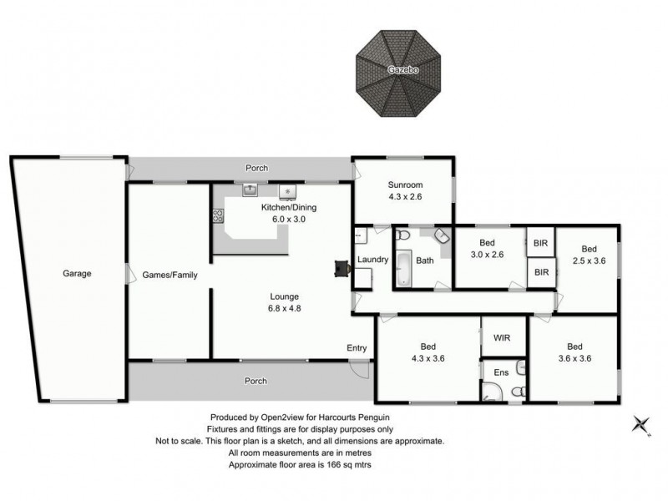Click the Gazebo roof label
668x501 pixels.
[x=402, y=70]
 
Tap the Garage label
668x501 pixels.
[x=76, y=273]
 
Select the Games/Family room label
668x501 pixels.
[x=170, y=274]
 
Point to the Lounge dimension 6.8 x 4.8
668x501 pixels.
[x=284, y=309]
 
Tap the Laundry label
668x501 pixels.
[x=372, y=260]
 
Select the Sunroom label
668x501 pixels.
[x=406, y=185]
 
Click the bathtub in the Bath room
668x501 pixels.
[x=402, y=267]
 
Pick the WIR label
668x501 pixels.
[x=502, y=337]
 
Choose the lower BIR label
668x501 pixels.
[x=541, y=272]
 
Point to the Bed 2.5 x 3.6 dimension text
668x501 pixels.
[x=590, y=261]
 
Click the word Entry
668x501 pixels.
[x=357, y=348]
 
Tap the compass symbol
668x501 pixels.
[x=641, y=425]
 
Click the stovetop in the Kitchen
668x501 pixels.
[x=219, y=215]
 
